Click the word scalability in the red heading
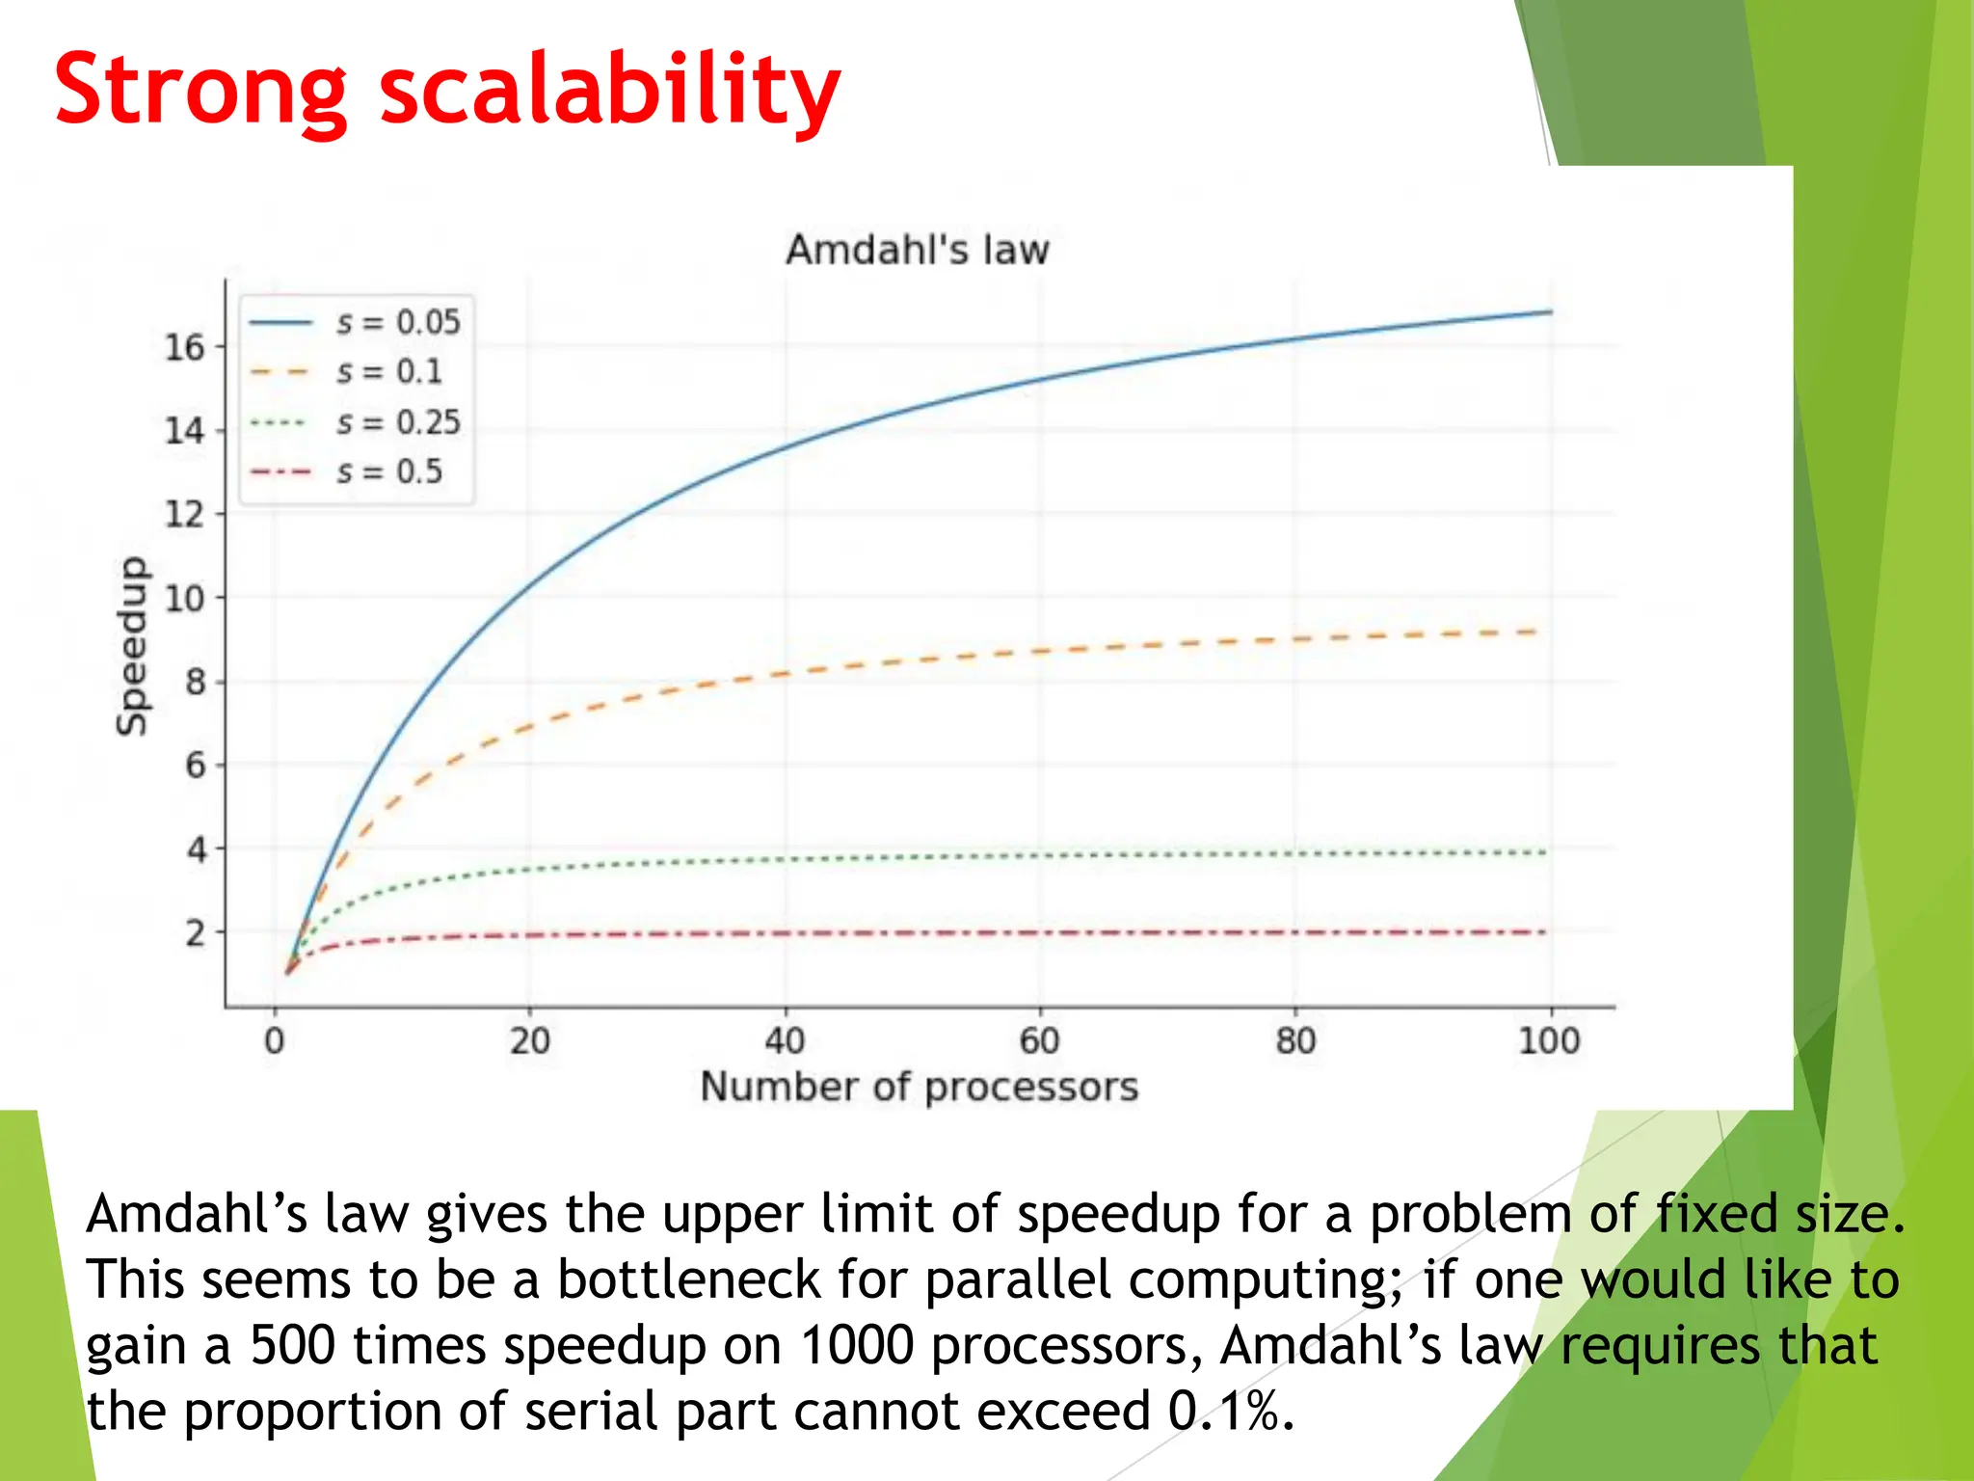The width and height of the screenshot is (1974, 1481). [x=610, y=92]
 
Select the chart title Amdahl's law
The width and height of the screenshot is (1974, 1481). [x=917, y=250]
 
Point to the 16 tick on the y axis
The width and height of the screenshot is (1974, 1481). [x=184, y=347]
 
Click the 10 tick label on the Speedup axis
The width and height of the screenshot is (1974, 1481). [x=184, y=599]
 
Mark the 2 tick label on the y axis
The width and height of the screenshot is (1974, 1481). [x=195, y=933]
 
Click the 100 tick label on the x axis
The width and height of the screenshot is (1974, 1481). [x=1549, y=1041]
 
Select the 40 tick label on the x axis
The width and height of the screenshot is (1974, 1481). [x=785, y=1041]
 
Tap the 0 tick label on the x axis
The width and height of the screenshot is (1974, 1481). [x=275, y=1041]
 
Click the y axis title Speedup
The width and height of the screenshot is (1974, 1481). [x=132, y=646]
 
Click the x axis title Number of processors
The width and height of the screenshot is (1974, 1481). [x=919, y=1088]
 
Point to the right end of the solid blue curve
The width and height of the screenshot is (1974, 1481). [x=1549, y=312]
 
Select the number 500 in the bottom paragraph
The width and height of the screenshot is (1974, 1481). [x=292, y=1346]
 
